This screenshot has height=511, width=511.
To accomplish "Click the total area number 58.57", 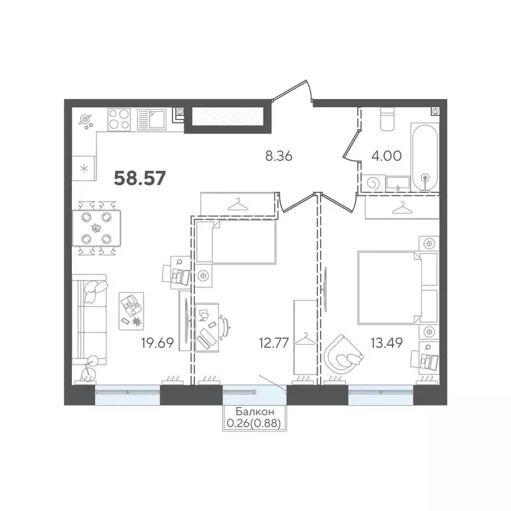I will coord(140,178).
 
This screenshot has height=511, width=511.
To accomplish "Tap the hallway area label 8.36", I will coord(279,157).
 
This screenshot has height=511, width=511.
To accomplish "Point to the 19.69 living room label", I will coord(157,344).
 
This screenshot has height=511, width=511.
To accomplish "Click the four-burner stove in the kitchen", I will coord(120,119).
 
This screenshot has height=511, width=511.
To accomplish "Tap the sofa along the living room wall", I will coord(91,319).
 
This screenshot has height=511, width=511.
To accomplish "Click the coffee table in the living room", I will coord(132,310).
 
